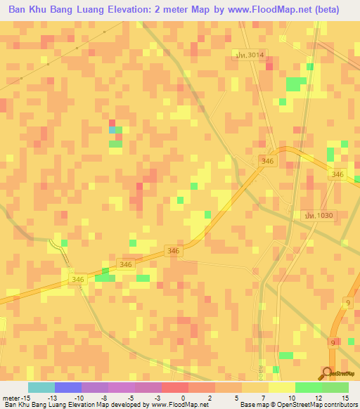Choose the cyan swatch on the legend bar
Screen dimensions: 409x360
click(41, 387)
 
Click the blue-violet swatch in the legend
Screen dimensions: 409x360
click(67, 387)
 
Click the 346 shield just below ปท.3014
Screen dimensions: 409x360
click(267, 161)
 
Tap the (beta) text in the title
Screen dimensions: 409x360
click(324, 10)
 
